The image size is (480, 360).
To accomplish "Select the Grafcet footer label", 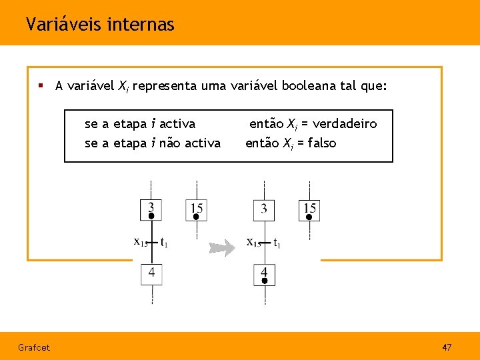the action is pyautogui.click(x=33, y=347).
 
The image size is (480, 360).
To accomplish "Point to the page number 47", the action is pyautogui.click(x=447, y=347).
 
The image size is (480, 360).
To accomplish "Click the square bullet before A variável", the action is pyautogui.click(x=41, y=85).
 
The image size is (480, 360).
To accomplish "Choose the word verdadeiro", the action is pyautogui.click(x=345, y=123).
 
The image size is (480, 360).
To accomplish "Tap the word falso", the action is pyautogui.click(x=319, y=143).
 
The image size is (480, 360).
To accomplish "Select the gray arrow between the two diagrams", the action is pyautogui.click(x=222, y=249).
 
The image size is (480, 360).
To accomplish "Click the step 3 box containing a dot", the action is pyautogui.click(x=151, y=210).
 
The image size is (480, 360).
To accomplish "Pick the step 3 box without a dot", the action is pyautogui.click(x=264, y=210).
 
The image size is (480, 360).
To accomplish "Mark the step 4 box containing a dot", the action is pyautogui.click(x=264, y=275).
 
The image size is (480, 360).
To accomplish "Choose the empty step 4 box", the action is pyautogui.click(x=151, y=274).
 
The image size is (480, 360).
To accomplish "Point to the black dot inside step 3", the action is pyautogui.click(x=151, y=216).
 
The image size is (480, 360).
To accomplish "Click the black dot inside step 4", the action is pyautogui.click(x=264, y=281).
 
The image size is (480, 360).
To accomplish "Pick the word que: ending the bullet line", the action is pyautogui.click(x=375, y=85).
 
